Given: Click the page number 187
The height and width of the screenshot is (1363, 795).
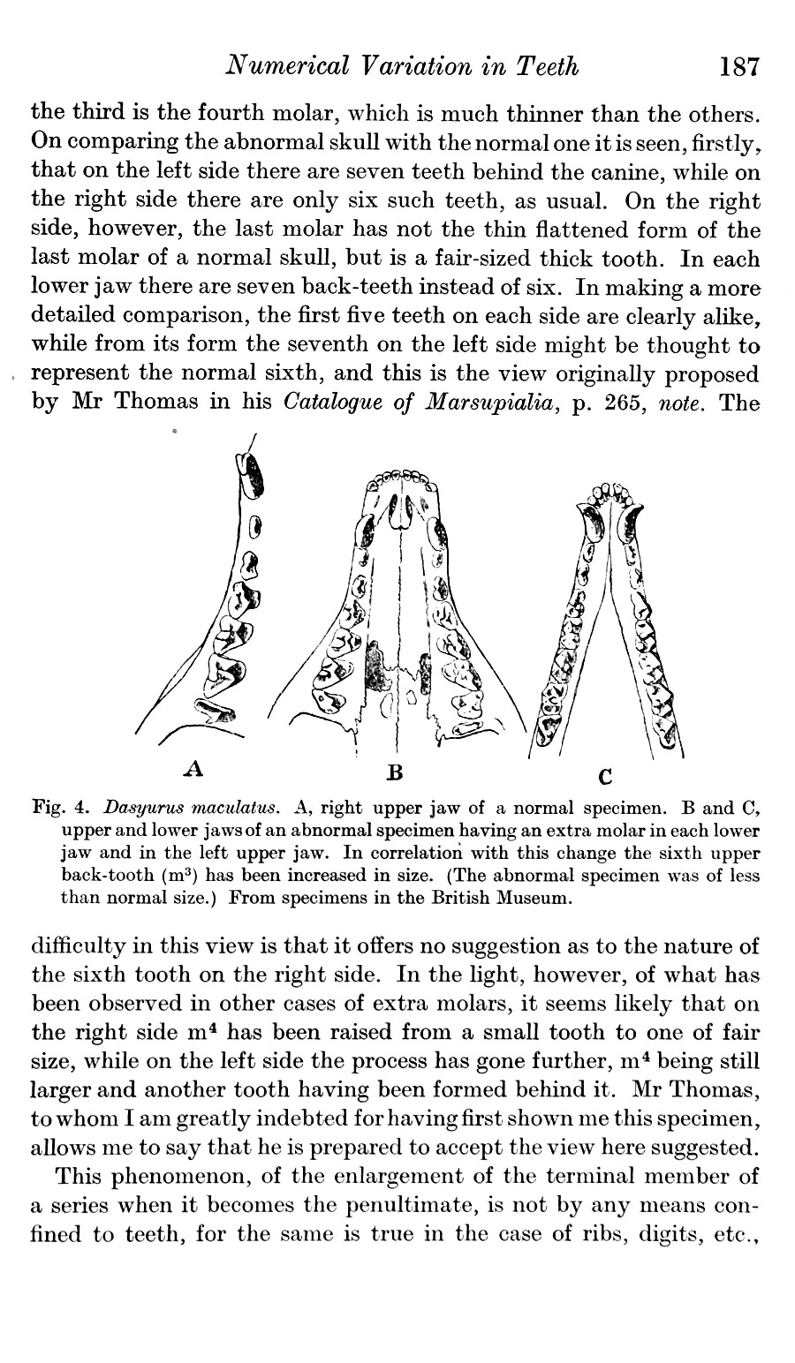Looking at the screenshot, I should point(739,67).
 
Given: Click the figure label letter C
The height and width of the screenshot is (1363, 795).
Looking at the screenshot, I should point(605,777).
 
